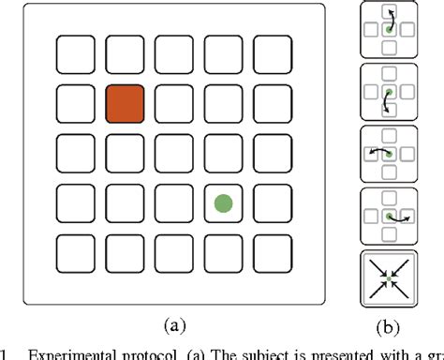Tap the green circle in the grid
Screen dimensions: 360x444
223,202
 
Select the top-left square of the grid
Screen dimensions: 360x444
75,53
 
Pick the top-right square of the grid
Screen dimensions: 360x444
272,53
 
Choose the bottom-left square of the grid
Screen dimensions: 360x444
75,252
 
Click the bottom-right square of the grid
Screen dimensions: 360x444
272,252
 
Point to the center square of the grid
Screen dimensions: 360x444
173,153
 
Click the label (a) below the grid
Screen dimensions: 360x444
173,324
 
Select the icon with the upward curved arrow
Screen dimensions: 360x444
389,30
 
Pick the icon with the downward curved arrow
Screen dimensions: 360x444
389,93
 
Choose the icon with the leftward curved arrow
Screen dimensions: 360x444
389,155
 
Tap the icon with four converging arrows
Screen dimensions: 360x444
389,279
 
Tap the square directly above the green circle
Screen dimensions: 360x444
223,153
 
